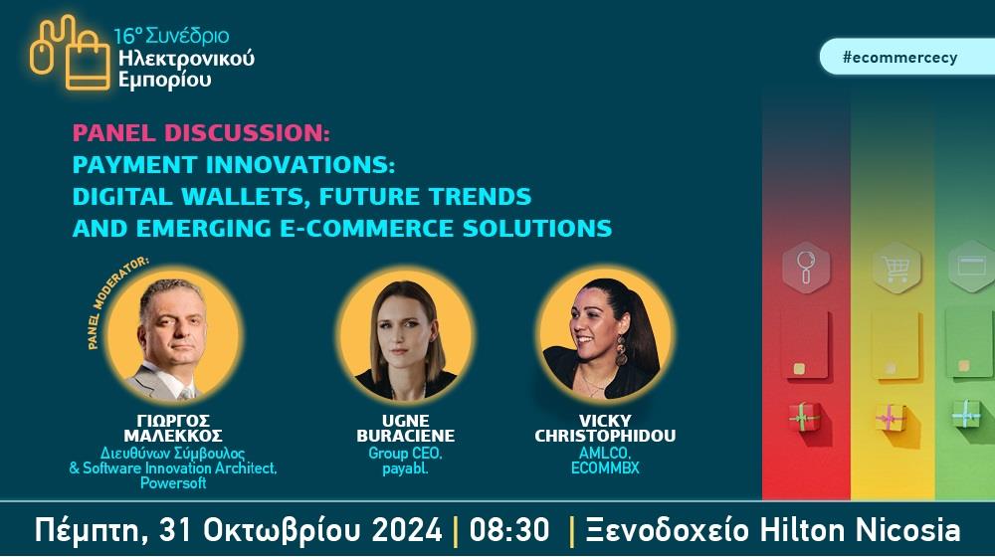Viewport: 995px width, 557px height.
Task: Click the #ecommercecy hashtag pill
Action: pos(907,57)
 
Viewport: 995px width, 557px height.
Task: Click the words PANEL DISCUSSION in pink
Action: pos(201,133)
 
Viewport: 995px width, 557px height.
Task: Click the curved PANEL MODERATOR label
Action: pos(114,299)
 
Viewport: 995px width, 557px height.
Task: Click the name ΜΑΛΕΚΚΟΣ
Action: pos(173,436)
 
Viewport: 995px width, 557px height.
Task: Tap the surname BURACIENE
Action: pos(406,436)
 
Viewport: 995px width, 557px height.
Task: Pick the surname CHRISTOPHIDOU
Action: pos(605,436)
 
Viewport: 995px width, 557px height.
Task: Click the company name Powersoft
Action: pos(173,482)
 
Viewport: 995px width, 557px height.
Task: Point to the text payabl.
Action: pos(406,468)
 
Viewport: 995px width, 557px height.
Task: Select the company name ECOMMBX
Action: pos(605,468)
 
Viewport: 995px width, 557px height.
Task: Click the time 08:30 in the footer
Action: pos(508,530)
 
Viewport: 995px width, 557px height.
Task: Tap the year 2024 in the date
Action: pos(407,530)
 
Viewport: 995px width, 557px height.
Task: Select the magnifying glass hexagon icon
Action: pos(806,268)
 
